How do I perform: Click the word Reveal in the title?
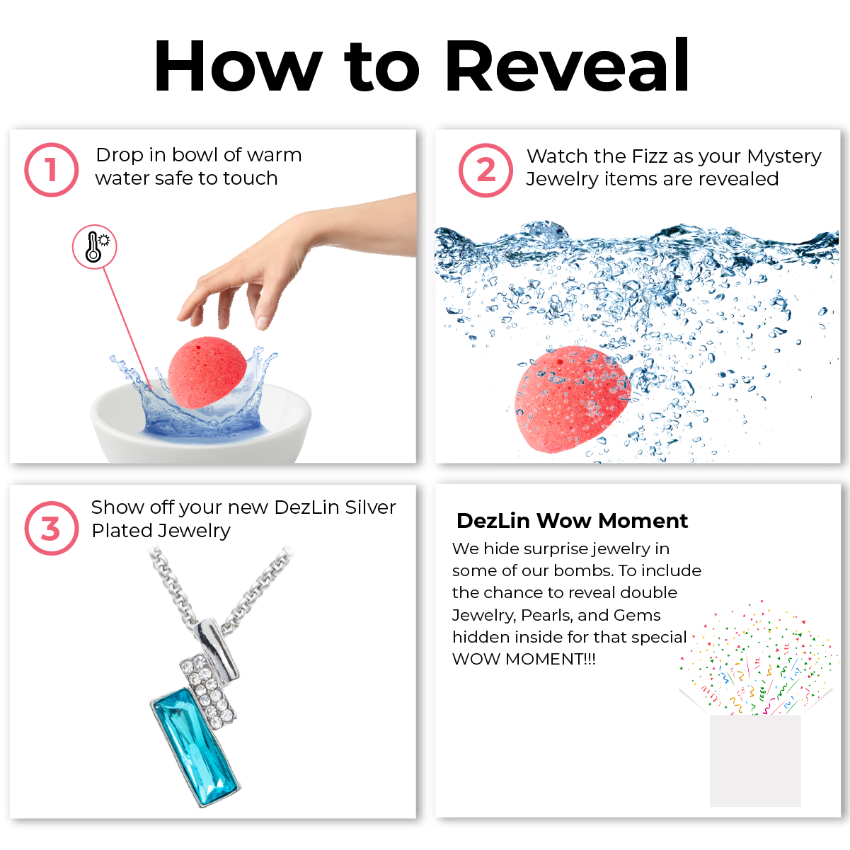[568, 65]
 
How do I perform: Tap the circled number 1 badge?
[52, 170]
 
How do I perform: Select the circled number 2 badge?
[486, 171]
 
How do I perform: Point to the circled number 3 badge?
[52, 528]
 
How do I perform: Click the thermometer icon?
[95, 247]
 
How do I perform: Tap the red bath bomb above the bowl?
[207, 372]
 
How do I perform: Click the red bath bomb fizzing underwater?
[573, 399]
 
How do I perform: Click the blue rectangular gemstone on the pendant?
[196, 747]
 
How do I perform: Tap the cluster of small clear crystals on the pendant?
[208, 690]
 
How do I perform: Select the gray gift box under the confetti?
[755, 760]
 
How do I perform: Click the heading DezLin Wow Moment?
[572, 521]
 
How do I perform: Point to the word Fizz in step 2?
[648, 156]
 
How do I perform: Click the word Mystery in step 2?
[784, 157]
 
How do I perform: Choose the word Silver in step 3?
[370, 507]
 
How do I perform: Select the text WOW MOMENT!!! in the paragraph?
[524, 659]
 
